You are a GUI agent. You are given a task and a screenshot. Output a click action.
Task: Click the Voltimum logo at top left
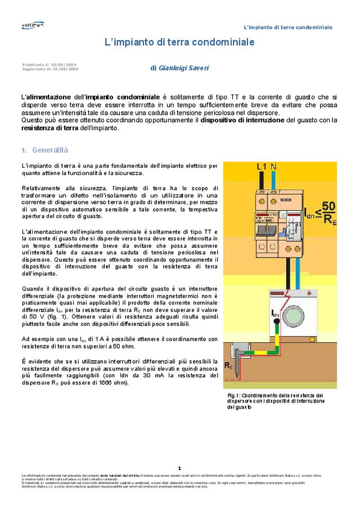pos(32,25)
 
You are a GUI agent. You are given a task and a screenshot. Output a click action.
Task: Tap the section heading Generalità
pos(49,150)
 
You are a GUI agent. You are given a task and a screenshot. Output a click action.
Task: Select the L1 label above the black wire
pos(262,167)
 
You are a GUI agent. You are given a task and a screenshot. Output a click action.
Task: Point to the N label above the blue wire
pos(273,167)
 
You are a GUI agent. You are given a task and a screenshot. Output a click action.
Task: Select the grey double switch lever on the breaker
pos(269,230)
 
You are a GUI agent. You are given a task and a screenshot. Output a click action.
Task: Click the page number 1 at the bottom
pos(179,468)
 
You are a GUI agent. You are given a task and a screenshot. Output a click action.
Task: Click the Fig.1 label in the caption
pos(234,396)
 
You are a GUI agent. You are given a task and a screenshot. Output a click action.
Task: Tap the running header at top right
pos(287,27)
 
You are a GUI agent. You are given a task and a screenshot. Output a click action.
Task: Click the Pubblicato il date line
pos(49,65)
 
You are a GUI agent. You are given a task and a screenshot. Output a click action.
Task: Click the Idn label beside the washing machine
pos(275,314)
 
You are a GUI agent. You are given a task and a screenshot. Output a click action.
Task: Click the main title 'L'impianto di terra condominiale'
pos(179,42)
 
